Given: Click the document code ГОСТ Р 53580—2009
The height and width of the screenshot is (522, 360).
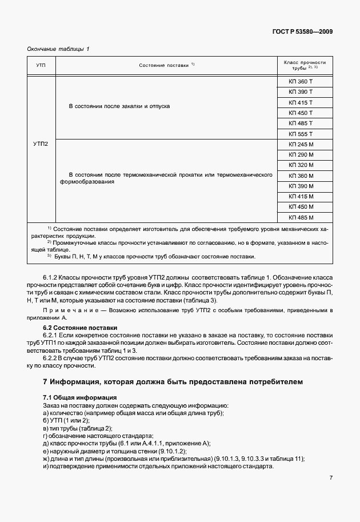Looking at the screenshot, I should click(x=303, y=31).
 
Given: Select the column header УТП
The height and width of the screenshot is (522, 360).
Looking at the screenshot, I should click(x=41, y=66).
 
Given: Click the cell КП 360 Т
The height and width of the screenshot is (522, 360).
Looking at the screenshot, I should click(x=301, y=82).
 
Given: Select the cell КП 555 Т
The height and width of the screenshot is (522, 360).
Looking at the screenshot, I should click(x=301, y=133).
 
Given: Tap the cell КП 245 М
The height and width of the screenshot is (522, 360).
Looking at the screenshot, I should click(x=301, y=145).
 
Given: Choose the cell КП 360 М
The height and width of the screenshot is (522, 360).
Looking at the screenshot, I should click(x=301, y=176).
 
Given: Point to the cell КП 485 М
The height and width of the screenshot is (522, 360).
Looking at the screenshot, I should click(x=301, y=217).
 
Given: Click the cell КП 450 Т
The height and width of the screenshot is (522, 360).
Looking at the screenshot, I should click(x=301, y=113).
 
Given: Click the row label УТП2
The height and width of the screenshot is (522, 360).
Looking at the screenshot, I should click(x=41, y=144).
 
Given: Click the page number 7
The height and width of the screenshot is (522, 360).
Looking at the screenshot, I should click(x=331, y=479).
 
